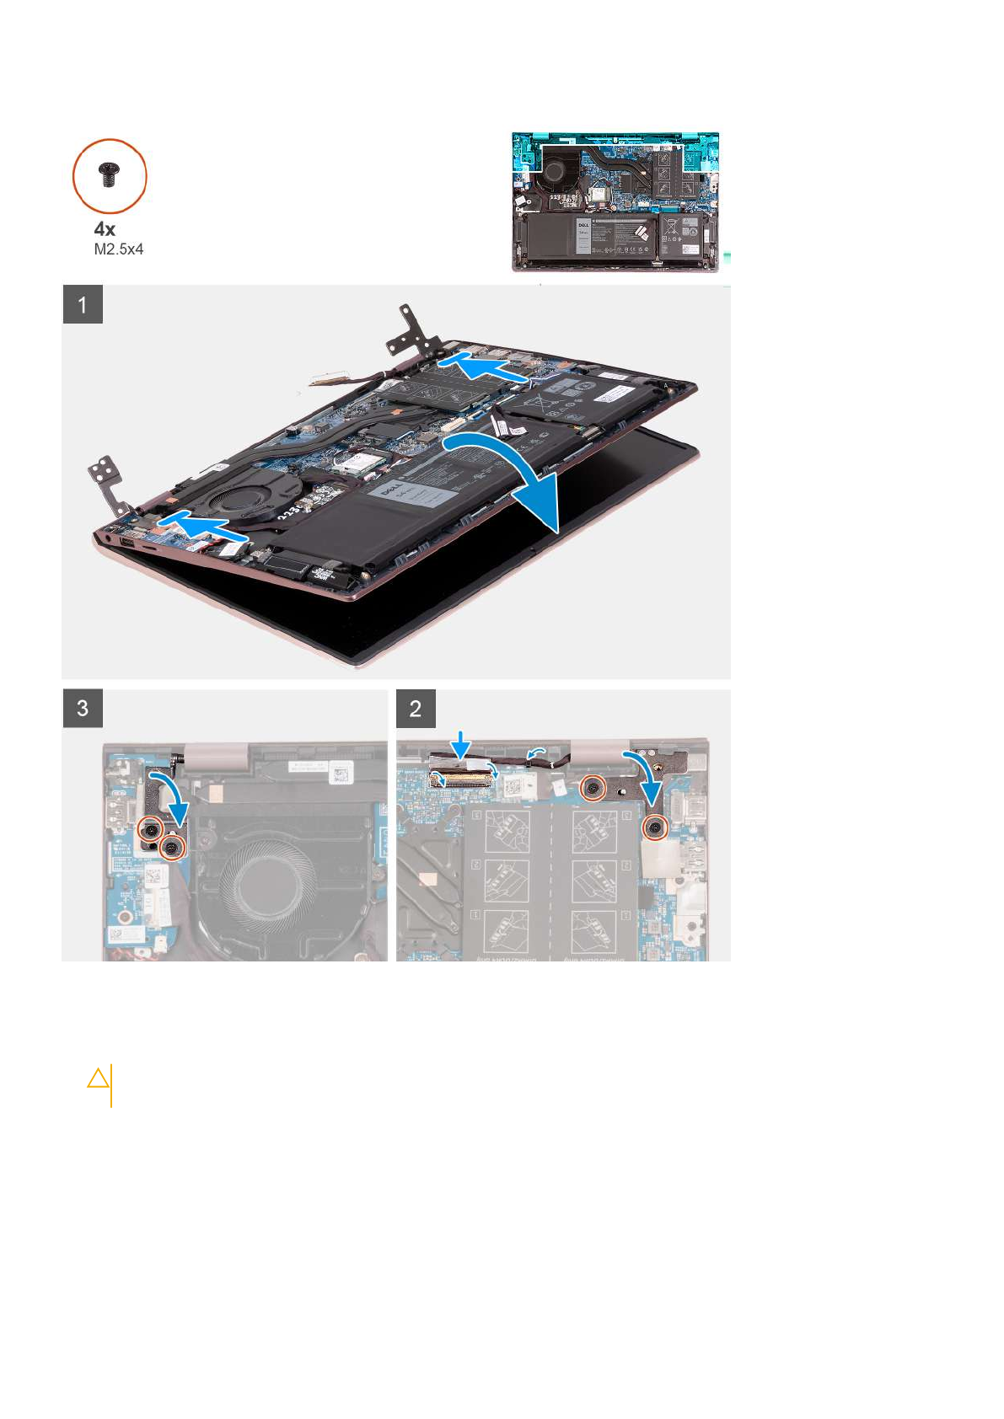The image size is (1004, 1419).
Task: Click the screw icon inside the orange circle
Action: coord(110,175)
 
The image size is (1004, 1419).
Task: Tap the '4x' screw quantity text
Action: coord(105,229)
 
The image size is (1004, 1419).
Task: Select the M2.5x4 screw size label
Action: coord(118,249)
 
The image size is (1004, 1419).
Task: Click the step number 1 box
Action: coord(83,304)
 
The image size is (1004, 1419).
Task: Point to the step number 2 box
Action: coord(416,709)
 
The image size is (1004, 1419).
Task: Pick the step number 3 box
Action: coord(83,709)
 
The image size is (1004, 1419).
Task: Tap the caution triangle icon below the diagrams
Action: coord(99,1079)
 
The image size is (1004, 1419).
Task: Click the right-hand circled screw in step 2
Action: coord(655,829)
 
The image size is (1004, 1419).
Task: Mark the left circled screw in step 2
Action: coord(594,787)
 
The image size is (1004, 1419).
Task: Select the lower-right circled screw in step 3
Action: coord(173,848)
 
